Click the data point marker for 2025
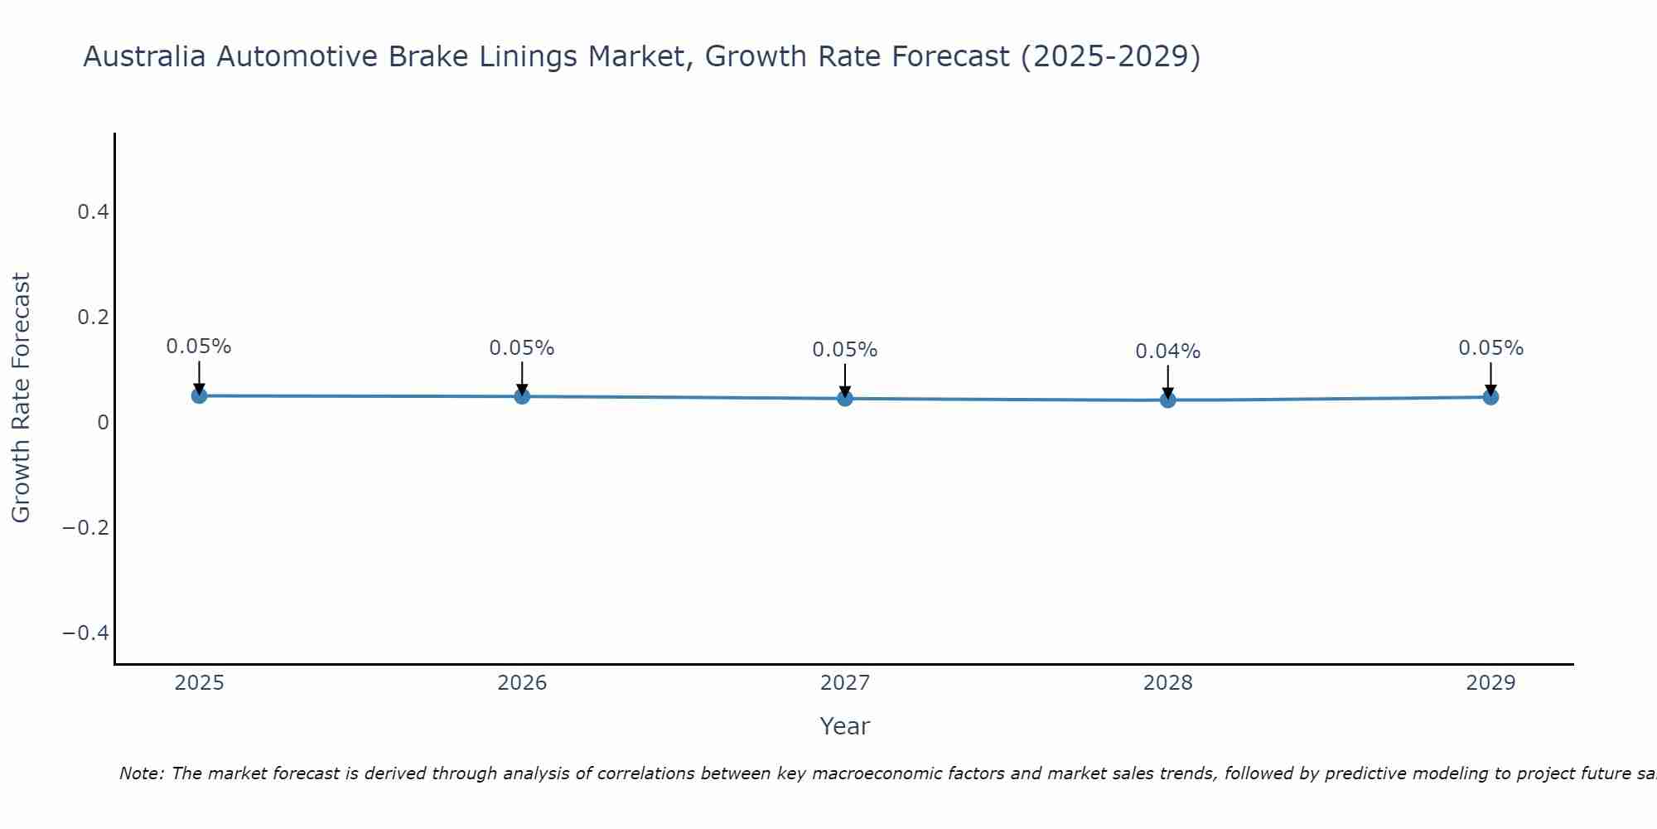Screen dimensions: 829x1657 tap(199, 395)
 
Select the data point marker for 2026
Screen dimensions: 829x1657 tap(522, 396)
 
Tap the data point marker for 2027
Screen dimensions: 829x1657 tap(845, 399)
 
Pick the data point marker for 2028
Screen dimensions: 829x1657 tap(1168, 400)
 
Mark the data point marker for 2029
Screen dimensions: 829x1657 tap(1490, 397)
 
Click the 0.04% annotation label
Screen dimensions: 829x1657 tap(1167, 351)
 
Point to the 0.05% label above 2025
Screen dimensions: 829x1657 tap(199, 347)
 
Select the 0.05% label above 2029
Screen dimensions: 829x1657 tap(1490, 348)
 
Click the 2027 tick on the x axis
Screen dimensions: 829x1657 tap(845, 683)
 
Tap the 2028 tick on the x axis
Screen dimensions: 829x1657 tap(1168, 683)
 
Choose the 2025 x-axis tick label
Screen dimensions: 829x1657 tap(199, 683)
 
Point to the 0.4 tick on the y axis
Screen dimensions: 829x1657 tap(93, 212)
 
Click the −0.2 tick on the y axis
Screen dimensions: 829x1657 tap(86, 528)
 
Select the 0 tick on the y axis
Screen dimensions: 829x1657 tap(103, 423)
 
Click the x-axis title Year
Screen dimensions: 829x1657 tap(844, 726)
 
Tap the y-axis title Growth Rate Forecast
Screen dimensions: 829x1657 tap(21, 398)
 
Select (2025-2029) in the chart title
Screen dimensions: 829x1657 tap(1110, 56)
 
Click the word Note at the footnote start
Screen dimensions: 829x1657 tap(141, 773)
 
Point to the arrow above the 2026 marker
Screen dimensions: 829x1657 tap(522, 377)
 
